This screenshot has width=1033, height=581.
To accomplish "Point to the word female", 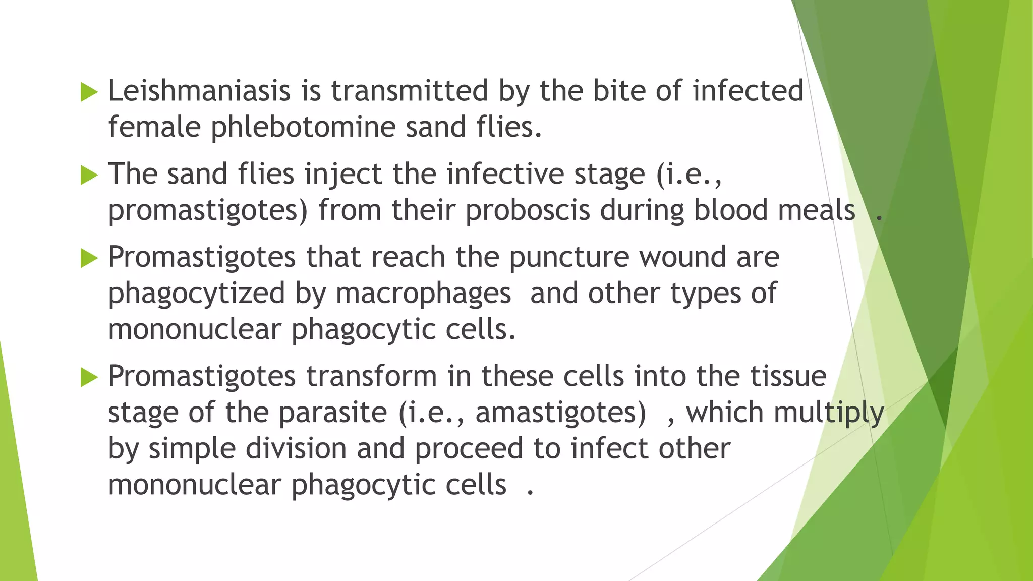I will point(154,127).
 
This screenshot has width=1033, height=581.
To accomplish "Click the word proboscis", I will point(527,210).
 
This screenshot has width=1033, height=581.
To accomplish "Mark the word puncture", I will point(569,258).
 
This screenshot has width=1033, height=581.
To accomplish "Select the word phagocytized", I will point(197,294).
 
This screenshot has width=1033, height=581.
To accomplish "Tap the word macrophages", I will point(423,294).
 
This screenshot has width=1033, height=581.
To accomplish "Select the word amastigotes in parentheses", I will point(560,413).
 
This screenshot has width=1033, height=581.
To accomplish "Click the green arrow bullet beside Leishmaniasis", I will point(89,92).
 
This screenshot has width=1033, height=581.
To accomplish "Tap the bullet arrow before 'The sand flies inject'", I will point(89,176).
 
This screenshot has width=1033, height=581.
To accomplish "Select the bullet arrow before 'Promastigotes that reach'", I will point(89,259).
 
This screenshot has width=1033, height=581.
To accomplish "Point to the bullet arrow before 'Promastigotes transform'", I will point(89,377).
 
